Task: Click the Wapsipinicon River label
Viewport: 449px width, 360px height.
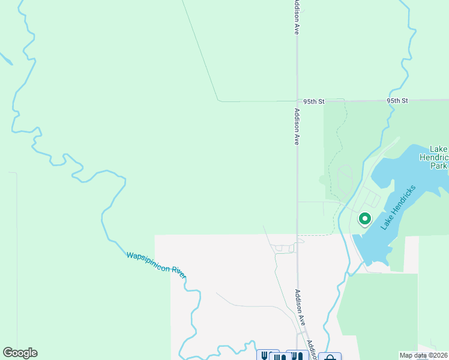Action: [x=156, y=263]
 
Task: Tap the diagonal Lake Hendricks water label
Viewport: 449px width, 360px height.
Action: [x=397, y=206]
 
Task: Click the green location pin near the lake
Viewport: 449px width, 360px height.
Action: [x=364, y=219]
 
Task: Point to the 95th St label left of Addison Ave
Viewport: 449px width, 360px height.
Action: [x=313, y=102]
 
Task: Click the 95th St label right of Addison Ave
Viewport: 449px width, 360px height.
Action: [x=397, y=101]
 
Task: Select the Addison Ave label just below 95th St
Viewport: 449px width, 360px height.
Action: [x=296, y=127]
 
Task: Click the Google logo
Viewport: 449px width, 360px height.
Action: [x=20, y=353]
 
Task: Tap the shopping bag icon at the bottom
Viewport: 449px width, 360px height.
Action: [x=330, y=356]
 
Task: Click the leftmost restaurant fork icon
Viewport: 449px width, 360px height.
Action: [x=265, y=356]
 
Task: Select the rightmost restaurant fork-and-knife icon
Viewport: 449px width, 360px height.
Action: [x=298, y=356]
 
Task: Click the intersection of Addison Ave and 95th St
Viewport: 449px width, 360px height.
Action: [x=297, y=101]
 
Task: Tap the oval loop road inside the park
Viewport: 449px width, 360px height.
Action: [x=345, y=179]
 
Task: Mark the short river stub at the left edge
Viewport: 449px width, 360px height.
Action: [x=5, y=59]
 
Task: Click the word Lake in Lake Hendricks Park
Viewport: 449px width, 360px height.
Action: [x=439, y=149]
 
